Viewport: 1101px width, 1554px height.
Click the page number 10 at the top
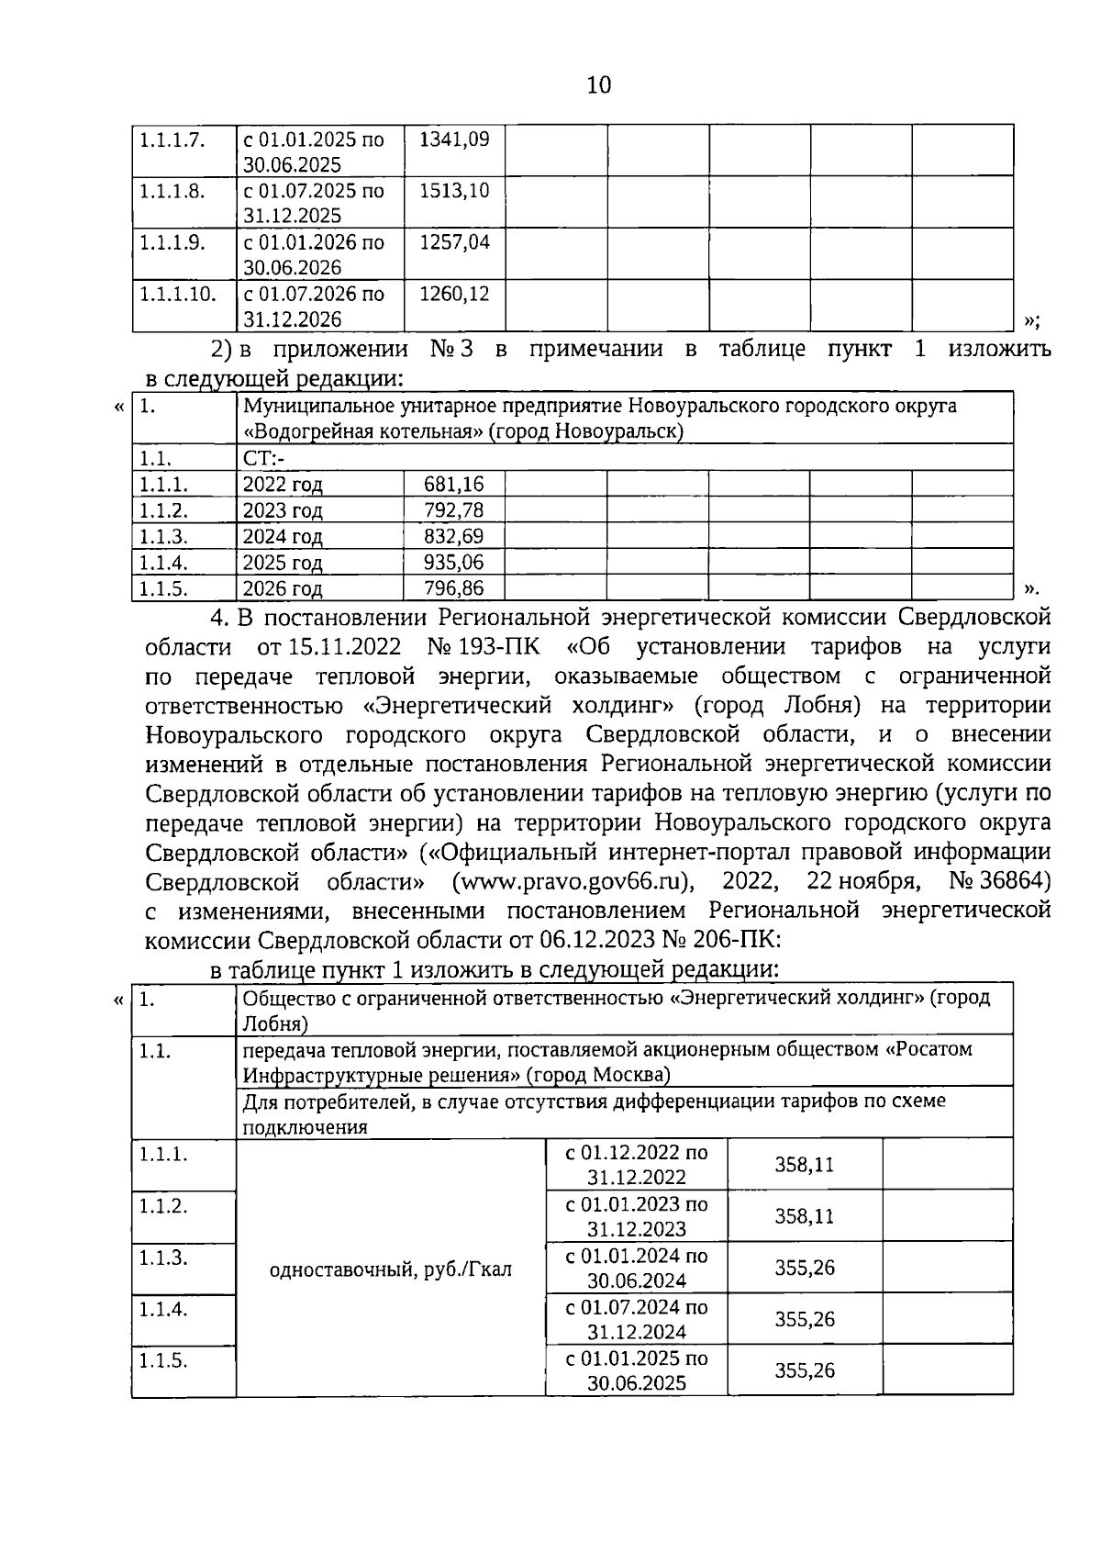(597, 85)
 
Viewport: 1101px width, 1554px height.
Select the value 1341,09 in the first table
(454, 140)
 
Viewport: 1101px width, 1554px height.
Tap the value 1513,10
(454, 191)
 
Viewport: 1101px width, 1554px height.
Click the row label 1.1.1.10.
(178, 294)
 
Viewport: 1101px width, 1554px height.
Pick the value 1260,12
(454, 294)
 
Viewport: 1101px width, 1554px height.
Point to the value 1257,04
(454, 242)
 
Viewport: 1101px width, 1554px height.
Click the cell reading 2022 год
(283, 485)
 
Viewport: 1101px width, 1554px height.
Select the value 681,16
(454, 485)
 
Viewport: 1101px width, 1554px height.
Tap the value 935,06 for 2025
(454, 562)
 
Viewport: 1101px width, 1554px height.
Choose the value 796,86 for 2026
(454, 587)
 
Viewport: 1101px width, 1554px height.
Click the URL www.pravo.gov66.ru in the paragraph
(573, 882)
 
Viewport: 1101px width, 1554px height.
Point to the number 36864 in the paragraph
(1009, 881)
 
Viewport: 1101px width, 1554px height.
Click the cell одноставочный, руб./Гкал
(391, 1269)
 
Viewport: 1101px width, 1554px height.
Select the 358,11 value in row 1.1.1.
(804, 1165)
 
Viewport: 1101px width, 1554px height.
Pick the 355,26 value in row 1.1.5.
(804, 1370)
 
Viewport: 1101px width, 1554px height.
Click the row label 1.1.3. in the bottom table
(163, 1258)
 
